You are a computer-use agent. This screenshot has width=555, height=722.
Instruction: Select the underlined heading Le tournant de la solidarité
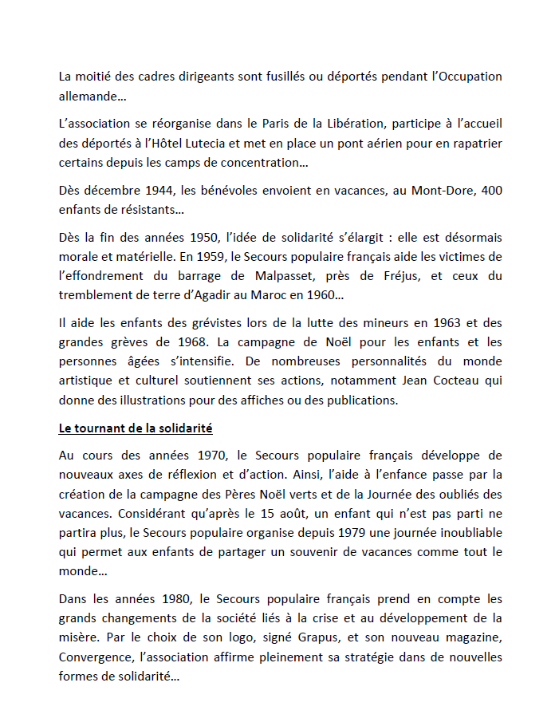pyautogui.click(x=136, y=428)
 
